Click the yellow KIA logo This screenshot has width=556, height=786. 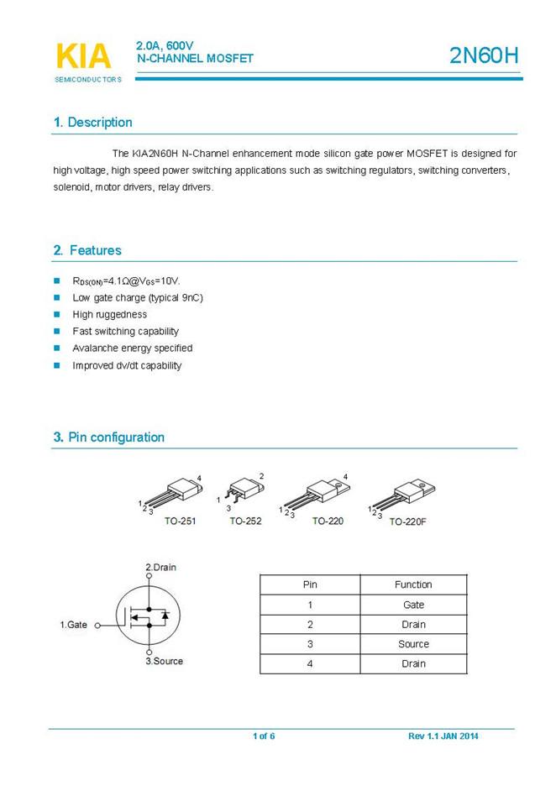click(x=83, y=56)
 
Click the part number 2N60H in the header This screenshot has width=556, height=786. click(x=484, y=56)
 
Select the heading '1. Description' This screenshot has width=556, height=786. click(x=92, y=123)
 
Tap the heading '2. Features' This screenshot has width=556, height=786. click(x=87, y=250)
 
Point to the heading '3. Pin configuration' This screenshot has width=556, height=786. click(x=108, y=438)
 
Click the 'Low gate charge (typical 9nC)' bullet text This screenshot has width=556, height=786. click(x=138, y=298)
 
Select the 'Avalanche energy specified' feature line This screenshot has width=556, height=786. click(x=133, y=348)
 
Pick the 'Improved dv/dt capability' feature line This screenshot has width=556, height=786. click(x=127, y=365)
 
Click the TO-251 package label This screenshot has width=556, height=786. click(x=180, y=521)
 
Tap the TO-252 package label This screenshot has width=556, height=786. click(x=245, y=521)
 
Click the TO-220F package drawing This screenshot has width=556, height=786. click(x=402, y=495)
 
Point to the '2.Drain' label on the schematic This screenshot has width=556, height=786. click(x=160, y=568)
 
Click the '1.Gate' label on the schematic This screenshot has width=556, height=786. click(x=73, y=625)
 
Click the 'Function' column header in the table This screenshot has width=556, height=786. click(x=413, y=584)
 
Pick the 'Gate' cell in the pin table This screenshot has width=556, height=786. click(x=413, y=605)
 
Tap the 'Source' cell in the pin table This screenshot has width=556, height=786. click(x=413, y=644)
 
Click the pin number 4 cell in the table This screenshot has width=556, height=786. click(x=310, y=663)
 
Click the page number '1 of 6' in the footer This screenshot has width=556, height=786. click(x=264, y=736)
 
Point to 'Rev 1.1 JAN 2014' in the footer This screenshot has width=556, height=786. click(x=443, y=736)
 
